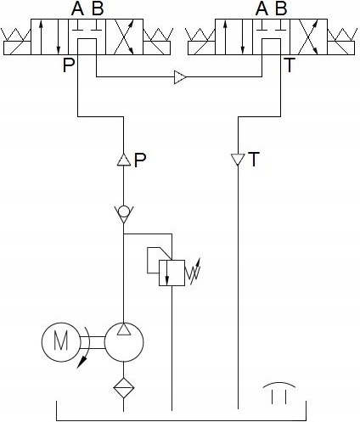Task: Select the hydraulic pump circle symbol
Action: (124, 341)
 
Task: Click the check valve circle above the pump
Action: (124, 211)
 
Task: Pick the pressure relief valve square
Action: (172, 273)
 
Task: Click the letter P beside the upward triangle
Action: (141, 160)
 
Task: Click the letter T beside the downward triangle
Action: (254, 160)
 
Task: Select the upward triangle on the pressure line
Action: (124, 160)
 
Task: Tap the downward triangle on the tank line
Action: (239, 160)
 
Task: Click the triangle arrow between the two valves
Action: (180, 78)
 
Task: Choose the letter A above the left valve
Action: (78, 9)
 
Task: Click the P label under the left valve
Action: (68, 65)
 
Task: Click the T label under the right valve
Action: (290, 65)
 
